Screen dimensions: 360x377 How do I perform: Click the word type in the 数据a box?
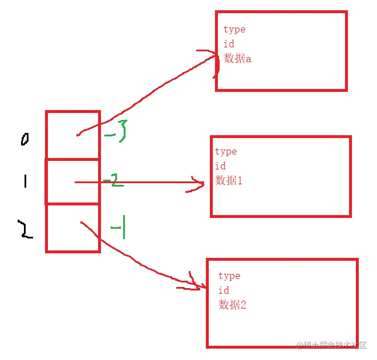234,30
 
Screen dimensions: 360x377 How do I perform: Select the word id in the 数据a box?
229,44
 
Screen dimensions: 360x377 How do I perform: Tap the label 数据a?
237,58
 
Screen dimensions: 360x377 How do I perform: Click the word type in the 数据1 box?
226,152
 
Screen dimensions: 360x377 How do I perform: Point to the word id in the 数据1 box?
220,166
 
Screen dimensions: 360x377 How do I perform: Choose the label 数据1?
229,181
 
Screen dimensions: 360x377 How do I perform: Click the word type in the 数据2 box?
229,276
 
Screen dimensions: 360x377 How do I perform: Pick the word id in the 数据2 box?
224,290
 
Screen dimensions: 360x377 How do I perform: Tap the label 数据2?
233,305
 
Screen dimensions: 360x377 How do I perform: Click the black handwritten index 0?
25,139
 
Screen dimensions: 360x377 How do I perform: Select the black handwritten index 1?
25,181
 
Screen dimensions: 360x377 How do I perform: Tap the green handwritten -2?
113,181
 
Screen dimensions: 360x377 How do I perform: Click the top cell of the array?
72,135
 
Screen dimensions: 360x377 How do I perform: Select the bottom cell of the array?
72,228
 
